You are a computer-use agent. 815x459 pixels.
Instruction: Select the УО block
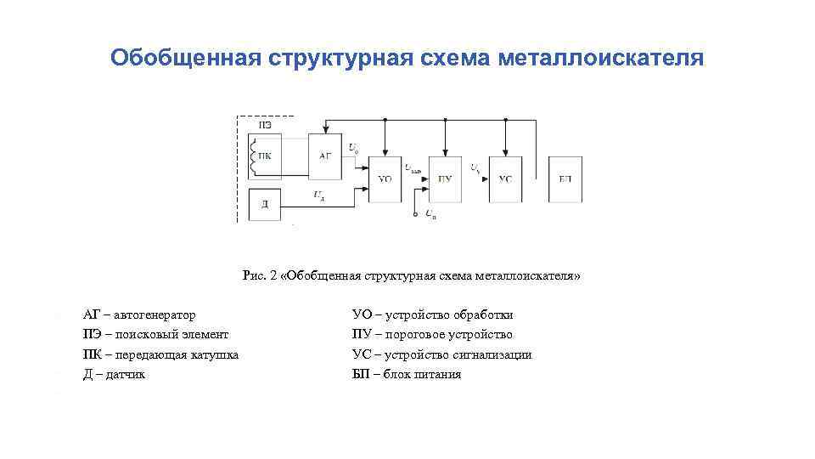385,178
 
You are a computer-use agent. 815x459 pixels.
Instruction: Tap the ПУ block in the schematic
445,178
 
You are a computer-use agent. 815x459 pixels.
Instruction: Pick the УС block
505,178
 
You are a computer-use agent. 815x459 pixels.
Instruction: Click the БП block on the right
565,178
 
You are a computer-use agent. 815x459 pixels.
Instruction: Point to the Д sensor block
266,204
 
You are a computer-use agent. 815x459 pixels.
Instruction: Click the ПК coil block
266,156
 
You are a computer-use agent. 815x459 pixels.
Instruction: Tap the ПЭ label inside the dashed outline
265,126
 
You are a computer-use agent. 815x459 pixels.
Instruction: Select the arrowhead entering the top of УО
385,153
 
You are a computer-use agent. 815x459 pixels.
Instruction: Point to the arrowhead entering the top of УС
505,153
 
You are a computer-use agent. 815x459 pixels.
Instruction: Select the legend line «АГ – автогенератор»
139,314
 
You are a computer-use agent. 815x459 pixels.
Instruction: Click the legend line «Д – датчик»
115,374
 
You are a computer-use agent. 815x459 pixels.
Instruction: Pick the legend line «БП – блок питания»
407,374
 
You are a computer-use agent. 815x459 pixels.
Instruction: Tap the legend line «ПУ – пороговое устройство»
432,334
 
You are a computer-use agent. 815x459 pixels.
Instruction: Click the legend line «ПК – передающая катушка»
160,354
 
